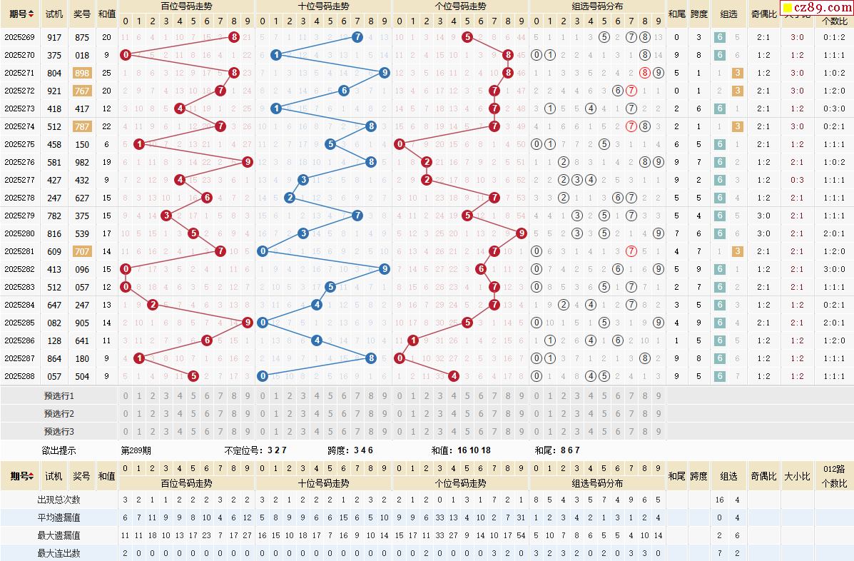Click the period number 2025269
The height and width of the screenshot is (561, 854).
click(19, 37)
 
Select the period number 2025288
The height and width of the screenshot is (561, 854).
click(19, 376)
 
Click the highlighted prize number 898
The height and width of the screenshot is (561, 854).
click(82, 73)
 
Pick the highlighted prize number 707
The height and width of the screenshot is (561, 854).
click(82, 251)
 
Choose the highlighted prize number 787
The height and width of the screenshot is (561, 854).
click(82, 126)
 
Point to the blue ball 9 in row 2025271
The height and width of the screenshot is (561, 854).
click(385, 73)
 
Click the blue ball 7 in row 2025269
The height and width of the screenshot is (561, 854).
click(357, 37)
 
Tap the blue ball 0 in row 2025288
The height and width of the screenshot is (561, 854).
click(263, 376)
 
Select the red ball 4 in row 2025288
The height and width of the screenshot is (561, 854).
click(453, 376)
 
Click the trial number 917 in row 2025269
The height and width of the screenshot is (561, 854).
click(54, 37)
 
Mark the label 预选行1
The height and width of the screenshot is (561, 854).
click(59, 395)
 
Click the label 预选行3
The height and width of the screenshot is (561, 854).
click(59, 431)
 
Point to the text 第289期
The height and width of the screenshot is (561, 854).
click(136, 450)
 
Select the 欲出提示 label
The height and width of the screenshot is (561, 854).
click(59, 450)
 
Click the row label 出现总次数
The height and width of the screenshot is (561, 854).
click(59, 500)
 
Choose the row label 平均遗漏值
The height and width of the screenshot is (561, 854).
click(59, 517)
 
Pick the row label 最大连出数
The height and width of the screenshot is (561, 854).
click(59, 553)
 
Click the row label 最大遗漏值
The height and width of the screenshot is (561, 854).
click(59, 535)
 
